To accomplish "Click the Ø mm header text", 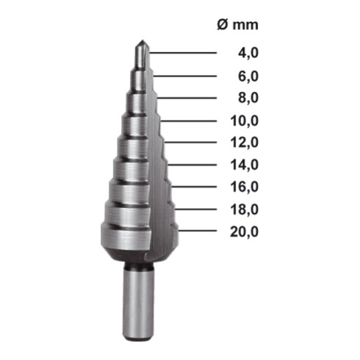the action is [237, 25].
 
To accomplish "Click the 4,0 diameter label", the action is [248, 53].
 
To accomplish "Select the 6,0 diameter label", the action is [248, 76].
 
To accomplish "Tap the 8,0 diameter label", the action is [248, 98].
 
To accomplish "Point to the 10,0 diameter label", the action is [245, 121].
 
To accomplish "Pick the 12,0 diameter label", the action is [245, 143].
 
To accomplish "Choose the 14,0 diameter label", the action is [245, 165].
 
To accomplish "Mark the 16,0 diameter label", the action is [245, 187].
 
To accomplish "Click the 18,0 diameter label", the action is [245, 209].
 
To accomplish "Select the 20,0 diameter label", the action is [245, 232].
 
